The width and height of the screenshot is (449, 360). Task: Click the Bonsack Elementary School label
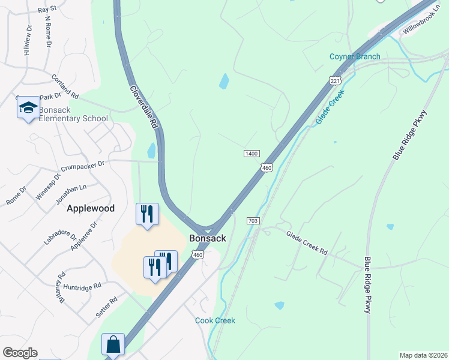click(73, 114)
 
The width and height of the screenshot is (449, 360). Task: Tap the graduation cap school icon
click(28, 108)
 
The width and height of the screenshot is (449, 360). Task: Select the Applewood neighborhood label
click(91, 208)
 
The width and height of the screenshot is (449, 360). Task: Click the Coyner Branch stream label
click(355, 57)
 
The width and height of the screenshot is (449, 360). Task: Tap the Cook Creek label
click(215, 320)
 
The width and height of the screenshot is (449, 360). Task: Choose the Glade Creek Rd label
click(307, 243)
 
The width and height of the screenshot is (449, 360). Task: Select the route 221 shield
click(334, 80)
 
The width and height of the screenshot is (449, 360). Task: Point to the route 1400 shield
click(252, 154)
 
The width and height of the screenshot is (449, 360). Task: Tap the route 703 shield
click(253, 221)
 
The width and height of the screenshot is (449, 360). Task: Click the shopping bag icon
click(113, 345)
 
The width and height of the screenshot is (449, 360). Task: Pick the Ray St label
click(47, 10)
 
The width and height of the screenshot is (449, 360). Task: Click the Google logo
click(20, 353)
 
